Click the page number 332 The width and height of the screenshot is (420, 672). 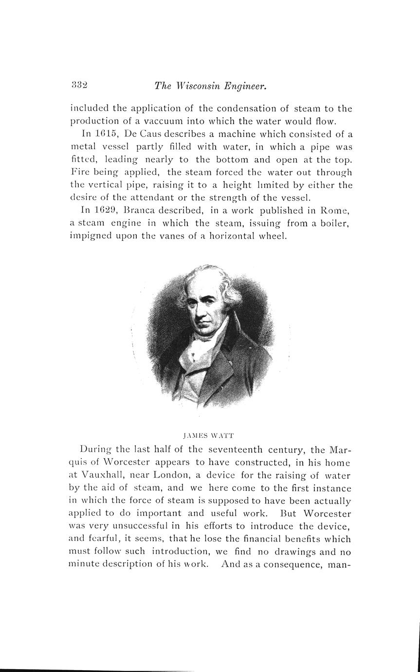[79, 85]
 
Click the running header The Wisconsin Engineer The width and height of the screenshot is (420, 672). [211, 86]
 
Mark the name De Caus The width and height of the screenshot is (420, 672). [144, 134]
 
